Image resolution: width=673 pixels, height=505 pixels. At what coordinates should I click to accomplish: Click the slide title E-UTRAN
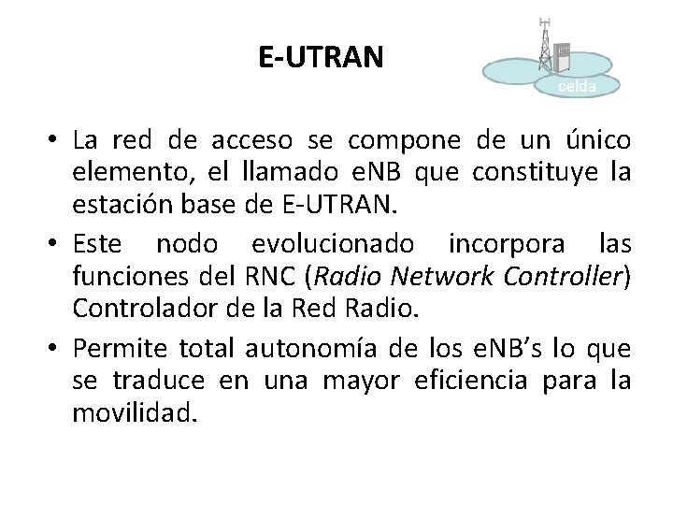[321, 58]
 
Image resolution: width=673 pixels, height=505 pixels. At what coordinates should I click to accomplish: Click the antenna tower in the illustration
[545, 42]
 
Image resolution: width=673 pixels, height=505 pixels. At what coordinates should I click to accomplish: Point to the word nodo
[183, 246]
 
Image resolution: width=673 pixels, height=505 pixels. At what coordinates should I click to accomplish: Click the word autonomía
[309, 350]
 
